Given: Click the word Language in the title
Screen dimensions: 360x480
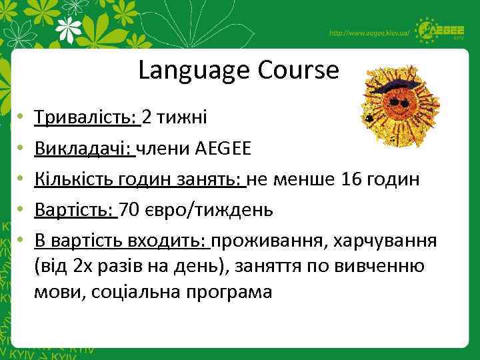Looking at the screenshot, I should tap(186, 71).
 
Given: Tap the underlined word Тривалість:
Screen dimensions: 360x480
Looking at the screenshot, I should tap(86, 117).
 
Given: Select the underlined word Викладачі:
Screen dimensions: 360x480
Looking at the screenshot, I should tap(84, 148).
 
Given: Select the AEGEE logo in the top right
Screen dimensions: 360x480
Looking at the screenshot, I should tap(441, 30).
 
